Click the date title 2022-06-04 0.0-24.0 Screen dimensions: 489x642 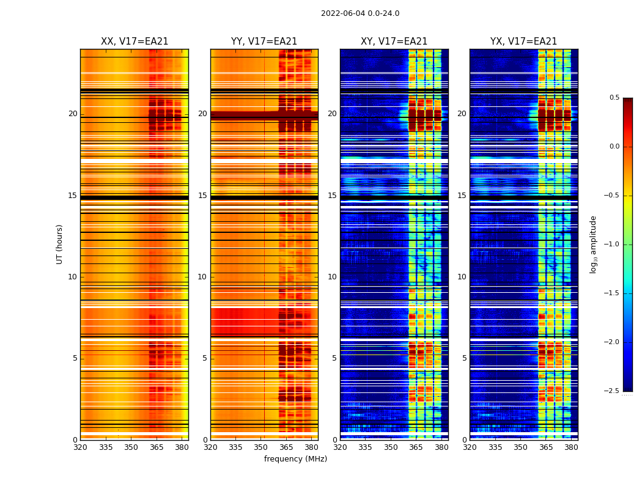pyautogui.click(x=360, y=13)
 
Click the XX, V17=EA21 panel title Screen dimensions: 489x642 pyautogui.click(x=135, y=42)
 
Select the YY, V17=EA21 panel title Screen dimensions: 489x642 pyautogui.click(x=264, y=42)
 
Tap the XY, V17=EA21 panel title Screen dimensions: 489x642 pyautogui.click(x=394, y=42)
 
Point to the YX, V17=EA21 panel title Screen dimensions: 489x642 pyautogui.click(x=523, y=42)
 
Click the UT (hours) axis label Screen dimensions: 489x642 pyautogui.click(x=60, y=244)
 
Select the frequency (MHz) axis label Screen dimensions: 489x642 pyautogui.click(x=295, y=459)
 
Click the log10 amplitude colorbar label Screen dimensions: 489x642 pyautogui.click(x=593, y=244)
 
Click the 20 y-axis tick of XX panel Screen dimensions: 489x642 pyautogui.click(x=73, y=114)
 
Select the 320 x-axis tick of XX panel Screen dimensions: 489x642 pyautogui.click(x=80, y=447)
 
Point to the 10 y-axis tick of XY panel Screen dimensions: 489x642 pyautogui.click(x=332, y=277)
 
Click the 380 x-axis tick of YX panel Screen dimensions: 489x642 pyautogui.click(x=571, y=447)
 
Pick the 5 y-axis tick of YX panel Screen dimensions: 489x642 pyautogui.click(x=464, y=358)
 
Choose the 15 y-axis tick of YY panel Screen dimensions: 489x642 pyautogui.click(x=202, y=196)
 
